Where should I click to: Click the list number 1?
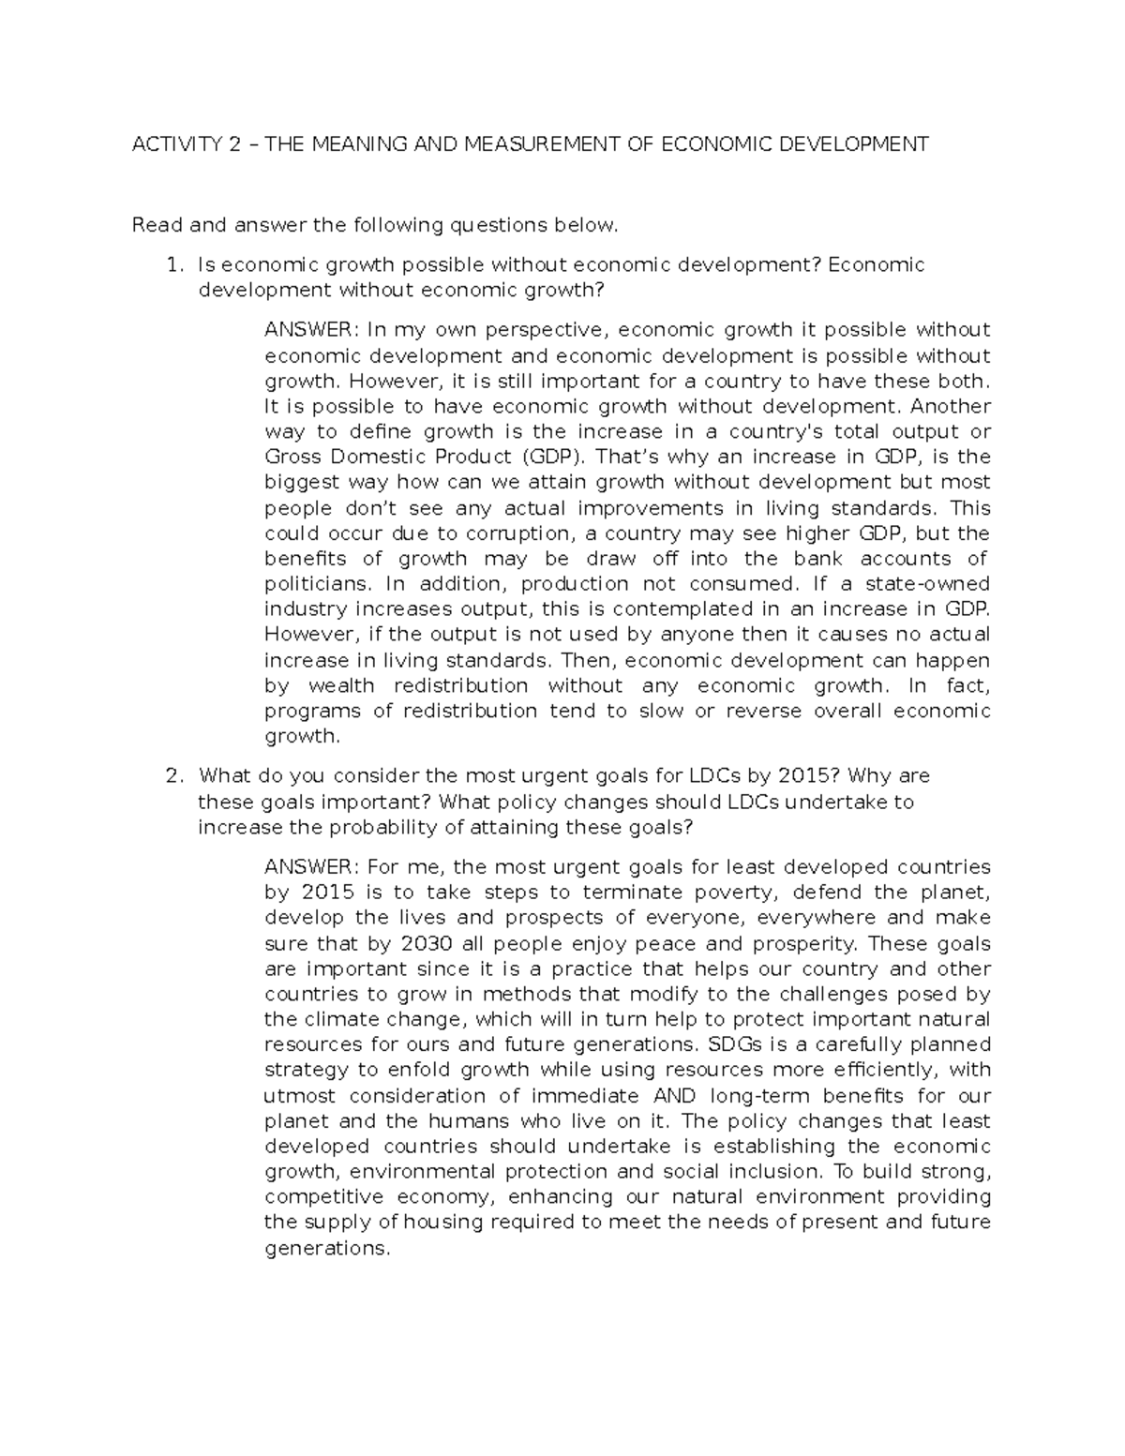[172, 265]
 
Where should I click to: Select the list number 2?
[172, 776]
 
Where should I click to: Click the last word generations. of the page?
[326, 1249]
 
